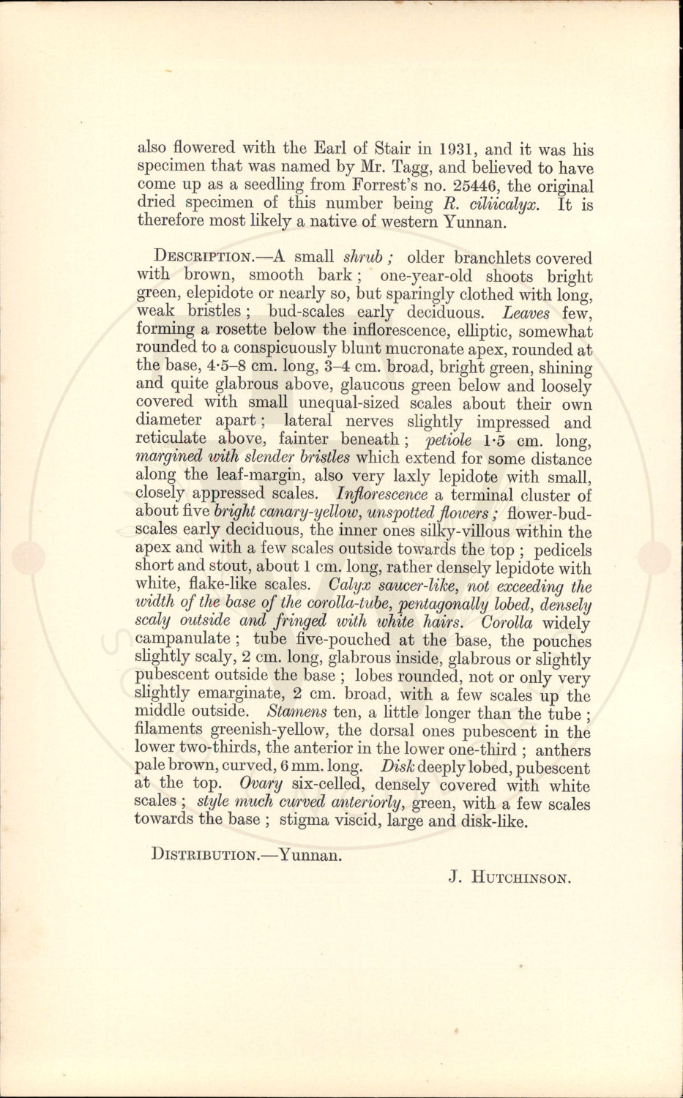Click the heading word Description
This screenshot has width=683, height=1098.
(x=202, y=258)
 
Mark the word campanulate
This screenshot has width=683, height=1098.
(x=182, y=640)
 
